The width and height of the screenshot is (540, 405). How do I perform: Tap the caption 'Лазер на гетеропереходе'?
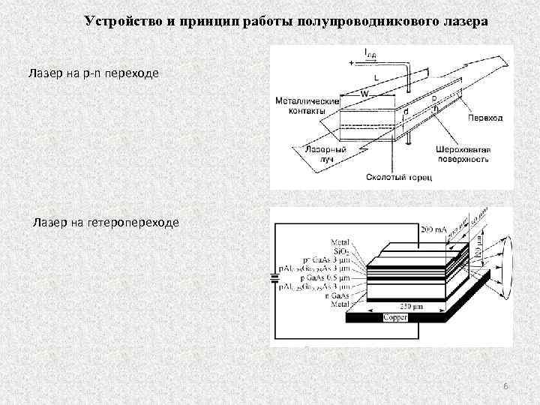coord(105,222)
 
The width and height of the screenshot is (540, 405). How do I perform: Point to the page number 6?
coord(505,385)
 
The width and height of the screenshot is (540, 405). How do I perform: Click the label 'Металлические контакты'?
coord(301,106)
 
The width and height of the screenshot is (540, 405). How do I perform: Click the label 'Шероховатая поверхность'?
coord(462,154)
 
